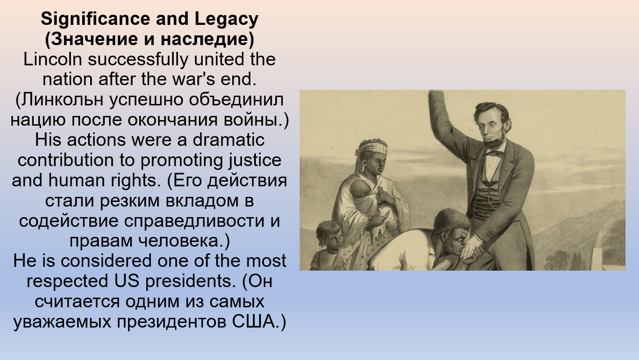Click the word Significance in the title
95,19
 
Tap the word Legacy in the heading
226,19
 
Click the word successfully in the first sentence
138,59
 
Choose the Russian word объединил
236,100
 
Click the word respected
67,282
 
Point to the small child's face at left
333,239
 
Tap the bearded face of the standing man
492,129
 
